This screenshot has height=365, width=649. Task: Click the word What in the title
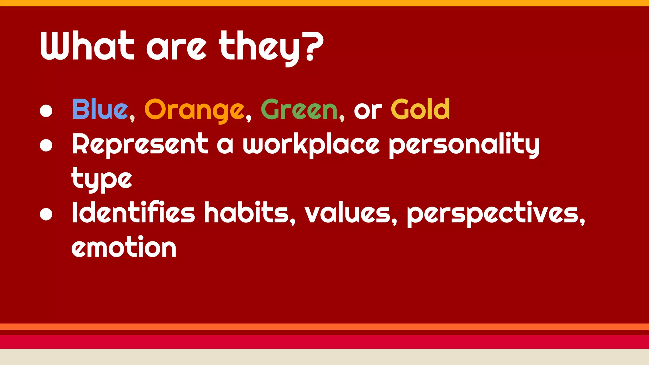coord(87,46)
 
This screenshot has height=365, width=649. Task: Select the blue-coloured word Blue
coord(100,109)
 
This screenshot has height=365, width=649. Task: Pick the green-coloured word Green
coord(299,110)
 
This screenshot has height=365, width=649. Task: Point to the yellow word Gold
coord(420,109)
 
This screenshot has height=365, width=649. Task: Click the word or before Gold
coord(368,111)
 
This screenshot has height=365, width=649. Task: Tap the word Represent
coord(140,144)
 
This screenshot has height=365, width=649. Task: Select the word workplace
coord(311,145)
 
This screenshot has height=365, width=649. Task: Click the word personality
coord(464,145)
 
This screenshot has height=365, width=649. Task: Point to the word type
coord(101,179)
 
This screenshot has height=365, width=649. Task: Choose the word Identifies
coord(133,212)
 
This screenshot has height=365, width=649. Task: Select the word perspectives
coord(493,214)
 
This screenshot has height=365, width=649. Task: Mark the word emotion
coord(124,247)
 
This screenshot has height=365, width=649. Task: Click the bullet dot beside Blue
coord(46,111)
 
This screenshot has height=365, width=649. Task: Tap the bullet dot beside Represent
coord(46,145)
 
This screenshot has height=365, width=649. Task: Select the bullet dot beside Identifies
coord(46,214)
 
